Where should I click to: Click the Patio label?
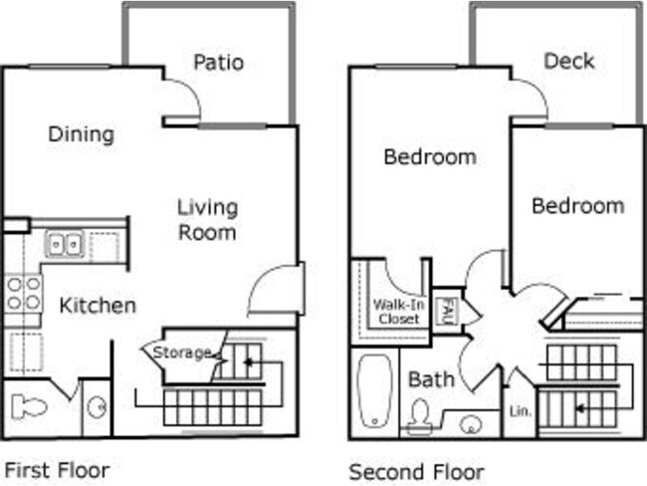[218, 63]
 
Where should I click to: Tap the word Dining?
[81, 134]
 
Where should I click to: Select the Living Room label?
[207, 220]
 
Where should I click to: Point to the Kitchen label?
[97, 305]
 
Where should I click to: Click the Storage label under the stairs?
[180, 353]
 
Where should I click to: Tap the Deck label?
[568, 61]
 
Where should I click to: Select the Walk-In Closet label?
[396, 312]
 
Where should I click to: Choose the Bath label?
[431, 379]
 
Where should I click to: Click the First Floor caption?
[57, 469]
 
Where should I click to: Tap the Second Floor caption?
[415, 471]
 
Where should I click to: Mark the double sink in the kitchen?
[64, 243]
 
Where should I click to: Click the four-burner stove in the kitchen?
[24, 294]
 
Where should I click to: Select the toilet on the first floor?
[31, 408]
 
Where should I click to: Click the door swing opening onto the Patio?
[183, 100]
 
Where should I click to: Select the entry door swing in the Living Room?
[275, 291]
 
